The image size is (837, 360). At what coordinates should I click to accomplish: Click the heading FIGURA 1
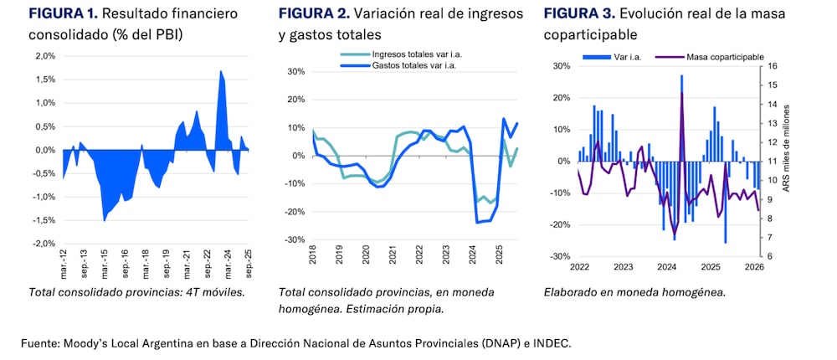point(63,13)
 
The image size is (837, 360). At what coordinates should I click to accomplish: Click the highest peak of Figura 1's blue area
point(221,70)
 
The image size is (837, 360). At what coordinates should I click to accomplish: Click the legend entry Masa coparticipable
point(724,57)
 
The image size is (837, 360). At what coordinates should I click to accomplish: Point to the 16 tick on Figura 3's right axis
point(773,66)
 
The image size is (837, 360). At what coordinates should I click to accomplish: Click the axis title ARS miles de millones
point(787,148)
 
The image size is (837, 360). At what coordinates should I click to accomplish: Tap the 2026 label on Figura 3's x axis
point(753,267)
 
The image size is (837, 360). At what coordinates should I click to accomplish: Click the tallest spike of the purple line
point(681,92)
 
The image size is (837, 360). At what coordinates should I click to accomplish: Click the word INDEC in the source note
point(552,342)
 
